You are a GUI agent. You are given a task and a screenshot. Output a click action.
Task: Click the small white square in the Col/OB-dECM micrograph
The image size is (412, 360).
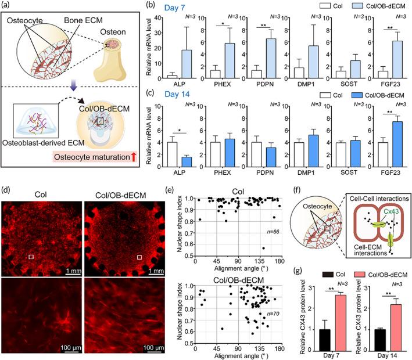[139, 256]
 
